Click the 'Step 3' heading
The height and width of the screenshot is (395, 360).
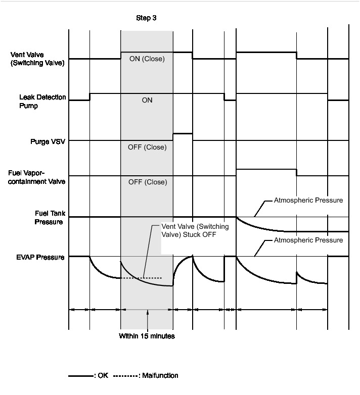pyautogui.click(x=146, y=18)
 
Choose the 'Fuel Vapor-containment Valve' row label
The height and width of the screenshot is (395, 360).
pyautogui.click(x=36, y=176)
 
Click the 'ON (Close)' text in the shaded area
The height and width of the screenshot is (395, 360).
pyautogui.click(x=147, y=59)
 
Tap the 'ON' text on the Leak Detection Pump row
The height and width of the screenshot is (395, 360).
pyautogui.click(x=147, y=100)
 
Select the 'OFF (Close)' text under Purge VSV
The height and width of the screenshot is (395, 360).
pyautogui.click(x=147, y=148)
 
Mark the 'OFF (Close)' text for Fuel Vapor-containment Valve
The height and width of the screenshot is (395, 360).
pyautogui.click(x=147, y=182)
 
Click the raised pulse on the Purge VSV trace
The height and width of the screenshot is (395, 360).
pyautogui.click(x=183, y=134)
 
